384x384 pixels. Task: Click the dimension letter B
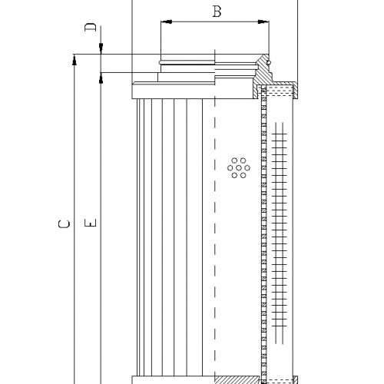click(217, 12)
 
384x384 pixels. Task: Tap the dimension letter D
click(90, 28)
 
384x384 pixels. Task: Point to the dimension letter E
click(91, 224)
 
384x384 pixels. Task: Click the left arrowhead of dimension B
click(164, 23)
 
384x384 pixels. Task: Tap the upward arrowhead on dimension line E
click(101, 78)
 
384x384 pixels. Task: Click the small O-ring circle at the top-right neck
click(270, 60)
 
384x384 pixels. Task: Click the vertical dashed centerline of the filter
click(215, 230)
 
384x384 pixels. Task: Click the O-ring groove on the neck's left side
click(160, 61)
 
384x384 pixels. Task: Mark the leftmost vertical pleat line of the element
click(137, 230)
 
